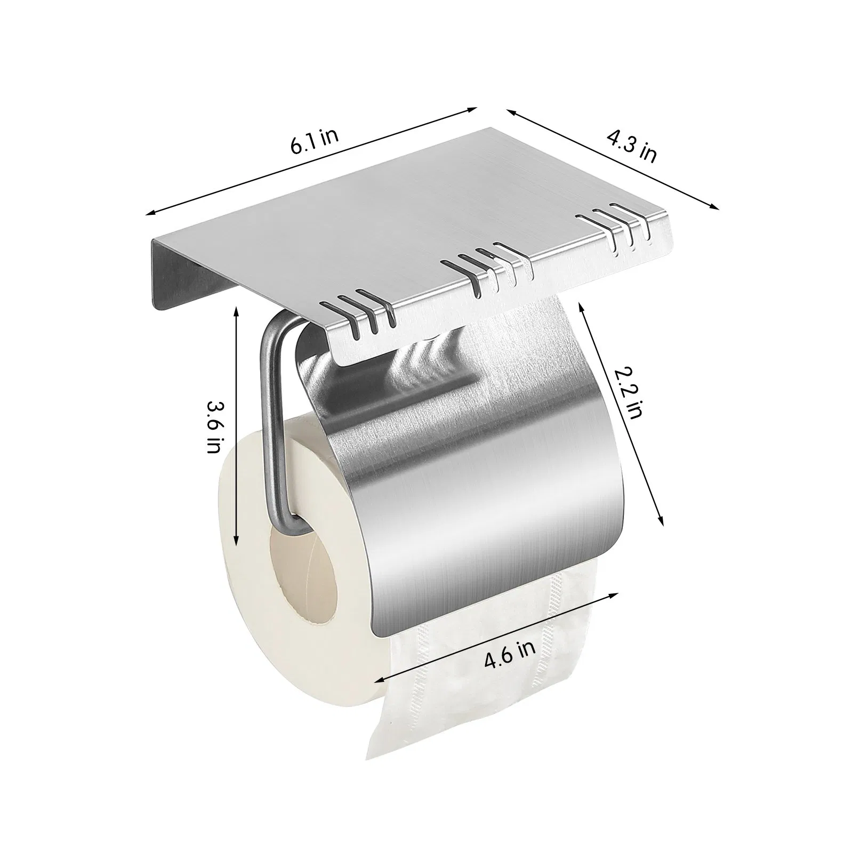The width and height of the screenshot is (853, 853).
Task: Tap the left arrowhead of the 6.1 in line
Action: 150,213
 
